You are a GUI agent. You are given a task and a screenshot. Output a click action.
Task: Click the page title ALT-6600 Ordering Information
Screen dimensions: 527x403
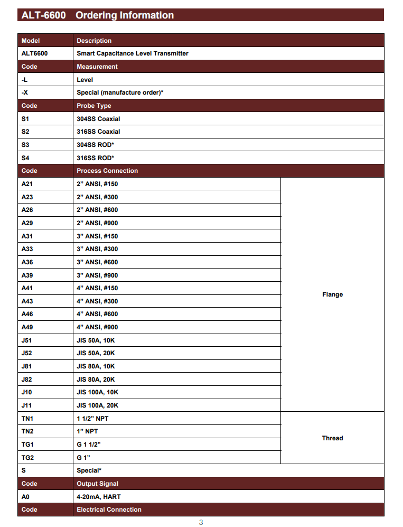(97, 15)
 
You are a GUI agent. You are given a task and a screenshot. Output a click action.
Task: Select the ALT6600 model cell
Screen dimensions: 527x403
(34, 53)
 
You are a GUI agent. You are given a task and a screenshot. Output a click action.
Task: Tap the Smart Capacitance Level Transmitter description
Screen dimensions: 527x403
(133, 53)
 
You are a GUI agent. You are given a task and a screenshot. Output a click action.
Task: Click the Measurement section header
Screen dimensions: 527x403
(97, 67)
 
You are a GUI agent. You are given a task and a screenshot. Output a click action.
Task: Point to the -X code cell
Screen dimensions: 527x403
(25, 93)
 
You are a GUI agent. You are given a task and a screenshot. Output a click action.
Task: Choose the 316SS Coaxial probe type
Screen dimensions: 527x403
(98, 132)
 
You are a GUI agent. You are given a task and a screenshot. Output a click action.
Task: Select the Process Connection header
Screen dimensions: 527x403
(107, 171)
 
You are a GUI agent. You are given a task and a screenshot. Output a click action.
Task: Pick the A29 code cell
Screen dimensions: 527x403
(27, 223)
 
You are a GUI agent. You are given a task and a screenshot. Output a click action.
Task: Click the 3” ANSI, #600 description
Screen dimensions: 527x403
(97, 262)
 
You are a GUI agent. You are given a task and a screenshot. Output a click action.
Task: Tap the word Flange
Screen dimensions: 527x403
(332, 294)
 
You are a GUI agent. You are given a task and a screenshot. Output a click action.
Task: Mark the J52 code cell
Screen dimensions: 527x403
(27, 353)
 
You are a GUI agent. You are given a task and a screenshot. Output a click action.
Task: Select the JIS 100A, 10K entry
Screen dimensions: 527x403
(98, 392)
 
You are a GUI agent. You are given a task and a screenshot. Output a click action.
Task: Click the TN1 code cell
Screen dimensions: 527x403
(27, 418)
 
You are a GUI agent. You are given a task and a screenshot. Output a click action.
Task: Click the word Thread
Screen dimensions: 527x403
(332, 438)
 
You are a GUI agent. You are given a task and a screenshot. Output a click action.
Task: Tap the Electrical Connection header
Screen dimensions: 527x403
(109, 510)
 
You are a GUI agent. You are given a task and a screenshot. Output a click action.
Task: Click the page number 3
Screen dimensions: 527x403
(201, 522)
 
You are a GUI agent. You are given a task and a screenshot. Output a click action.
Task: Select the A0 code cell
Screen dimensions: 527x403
(26, 497)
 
